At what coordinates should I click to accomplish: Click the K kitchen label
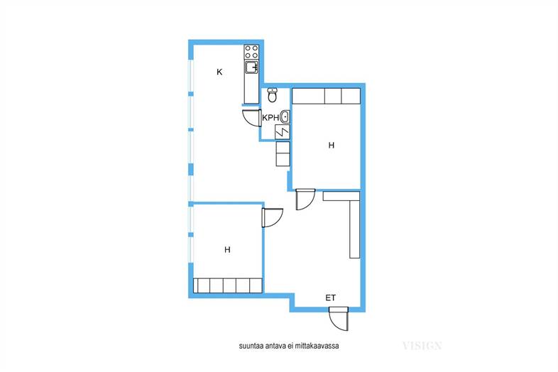(219, 72)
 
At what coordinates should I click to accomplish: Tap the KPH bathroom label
(270, 118)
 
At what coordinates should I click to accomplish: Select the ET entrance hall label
(330, 297)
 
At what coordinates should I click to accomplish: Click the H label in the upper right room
(332, 146)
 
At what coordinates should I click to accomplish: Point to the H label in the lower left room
(227, 250)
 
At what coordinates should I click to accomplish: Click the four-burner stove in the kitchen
(251, 52)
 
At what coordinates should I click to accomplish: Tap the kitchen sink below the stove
(251, 67)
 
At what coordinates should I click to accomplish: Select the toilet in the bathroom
(272, 94)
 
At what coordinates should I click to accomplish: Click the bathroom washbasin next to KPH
(285, 116)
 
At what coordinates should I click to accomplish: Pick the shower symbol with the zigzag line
(282, 132)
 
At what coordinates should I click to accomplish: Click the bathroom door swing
(251, 118)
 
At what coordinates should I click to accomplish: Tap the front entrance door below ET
(339, 319)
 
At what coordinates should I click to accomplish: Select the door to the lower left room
(272, 217)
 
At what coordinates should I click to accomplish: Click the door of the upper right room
(305, 199)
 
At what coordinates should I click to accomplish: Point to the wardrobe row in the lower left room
(228, 285)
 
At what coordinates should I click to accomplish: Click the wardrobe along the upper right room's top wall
(327, 96)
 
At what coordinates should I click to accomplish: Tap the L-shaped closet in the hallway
(354, 224)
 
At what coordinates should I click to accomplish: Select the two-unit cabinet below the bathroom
(283, 153)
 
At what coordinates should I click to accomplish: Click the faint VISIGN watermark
(422, 346)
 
